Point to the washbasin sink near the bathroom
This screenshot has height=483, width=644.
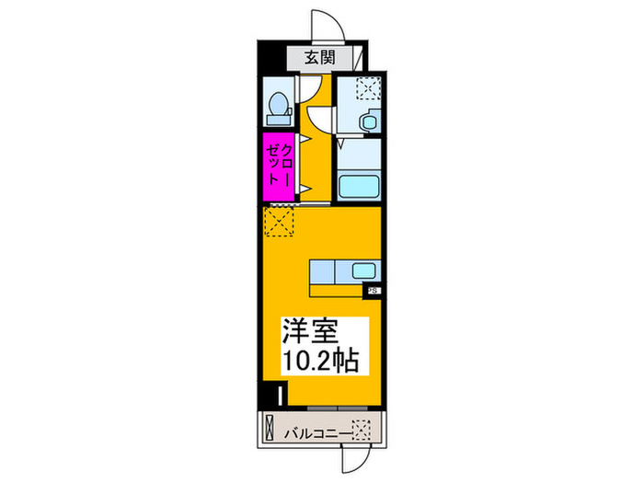click(368, 121)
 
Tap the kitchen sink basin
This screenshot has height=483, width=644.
click(362, 272)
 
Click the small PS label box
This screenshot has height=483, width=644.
click(374, 293)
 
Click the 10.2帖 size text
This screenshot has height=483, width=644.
click(322, 360)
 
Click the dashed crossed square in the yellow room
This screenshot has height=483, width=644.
click(279, 221)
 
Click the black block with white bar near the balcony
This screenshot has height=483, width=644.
click(281, 396)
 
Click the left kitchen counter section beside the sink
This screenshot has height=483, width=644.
click(326, 272)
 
